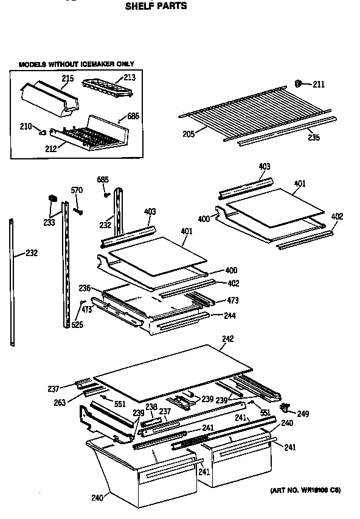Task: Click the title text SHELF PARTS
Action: point(156,7)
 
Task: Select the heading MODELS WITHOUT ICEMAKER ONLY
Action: point(76,64)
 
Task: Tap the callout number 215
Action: point(67,78)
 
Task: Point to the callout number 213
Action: point(130,77)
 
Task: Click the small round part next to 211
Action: point(299,83)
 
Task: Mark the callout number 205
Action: point(188,133)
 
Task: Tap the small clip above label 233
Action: point(52,198)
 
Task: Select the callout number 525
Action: point(77,325)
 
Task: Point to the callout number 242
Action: point(227,338)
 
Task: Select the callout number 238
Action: point(151,406)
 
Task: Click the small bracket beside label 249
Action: point(285,406)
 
